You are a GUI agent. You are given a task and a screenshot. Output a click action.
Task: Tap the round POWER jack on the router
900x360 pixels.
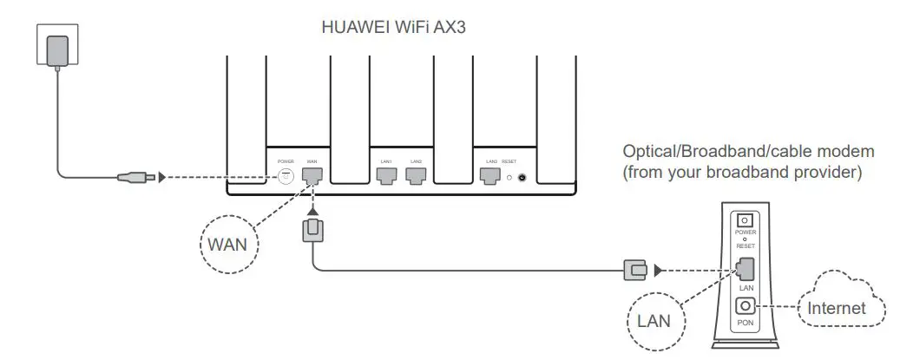[x=286, y=176]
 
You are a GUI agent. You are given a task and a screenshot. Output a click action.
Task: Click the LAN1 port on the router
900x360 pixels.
[x=386, y=176]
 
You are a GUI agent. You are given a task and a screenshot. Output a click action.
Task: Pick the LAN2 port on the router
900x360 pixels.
[x=416, y=176]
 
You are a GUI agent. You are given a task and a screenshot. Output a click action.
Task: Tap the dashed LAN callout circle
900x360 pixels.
[x=654, y=321]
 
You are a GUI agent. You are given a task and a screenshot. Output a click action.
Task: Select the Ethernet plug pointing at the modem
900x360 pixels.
[x=635, y=270]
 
